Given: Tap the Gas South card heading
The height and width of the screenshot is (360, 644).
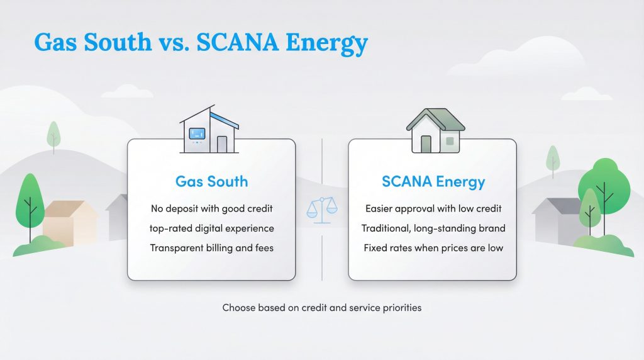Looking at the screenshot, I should click(x=211, y=182).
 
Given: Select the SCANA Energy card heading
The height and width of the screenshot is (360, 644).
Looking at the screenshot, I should click(x=433, y=182).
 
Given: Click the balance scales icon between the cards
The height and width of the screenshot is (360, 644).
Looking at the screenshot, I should click(x=322, y=209).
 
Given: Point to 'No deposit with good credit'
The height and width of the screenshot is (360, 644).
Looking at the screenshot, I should click(x=211, y=208).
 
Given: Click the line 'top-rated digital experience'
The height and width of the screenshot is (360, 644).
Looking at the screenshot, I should click(x=211, y=228).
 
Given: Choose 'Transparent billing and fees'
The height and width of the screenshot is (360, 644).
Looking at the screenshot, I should click(x=211, y=248).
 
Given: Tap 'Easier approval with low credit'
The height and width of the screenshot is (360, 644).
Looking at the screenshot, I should click(x=433, y=208).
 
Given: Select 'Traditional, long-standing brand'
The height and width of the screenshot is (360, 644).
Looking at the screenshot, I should click(x=433, y=228).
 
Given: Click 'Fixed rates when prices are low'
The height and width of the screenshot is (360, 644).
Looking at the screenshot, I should click(x=433, y=248).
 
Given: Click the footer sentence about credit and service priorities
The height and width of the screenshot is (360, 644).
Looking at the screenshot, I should click(x=321, y=308).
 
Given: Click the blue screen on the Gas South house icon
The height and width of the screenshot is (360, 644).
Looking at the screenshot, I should click(x=197, y=133).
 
